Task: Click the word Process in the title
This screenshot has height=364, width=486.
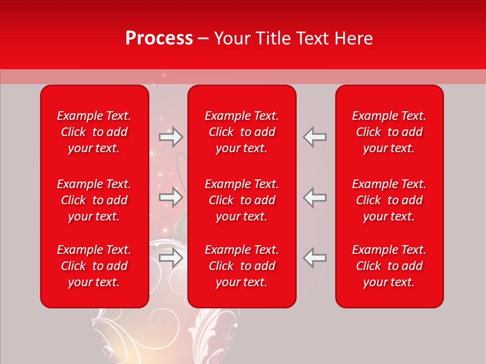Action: pyautogui.click(x=159, y=38)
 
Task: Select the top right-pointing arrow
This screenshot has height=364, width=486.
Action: pyautogui.click(x=171, y=137)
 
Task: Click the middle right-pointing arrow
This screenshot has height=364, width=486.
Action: pyautogui.click(x=171, y=197)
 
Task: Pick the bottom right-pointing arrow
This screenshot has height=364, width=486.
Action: pyautogui.click(x=171, y=258)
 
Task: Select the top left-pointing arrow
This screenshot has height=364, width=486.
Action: pyautogui.click(x=315, y=137)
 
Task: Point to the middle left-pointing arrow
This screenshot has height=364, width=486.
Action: pyautogui.click(x=315, y=197)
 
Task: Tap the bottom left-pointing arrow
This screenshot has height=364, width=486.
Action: pyautogui.click(x=315, y=258)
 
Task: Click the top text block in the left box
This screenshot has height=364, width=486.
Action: pyautogui.click(x=94, y=132)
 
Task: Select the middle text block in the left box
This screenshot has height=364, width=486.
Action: pyautogui.click(x=94, y=200)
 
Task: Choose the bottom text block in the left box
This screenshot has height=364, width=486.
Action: pyautogui.click(x=94, y=266)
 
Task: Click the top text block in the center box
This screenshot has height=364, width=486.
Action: pyautogui.click(x=241, y=132)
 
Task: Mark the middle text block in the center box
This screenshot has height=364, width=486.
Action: pyautogui.click(x=241, y=200)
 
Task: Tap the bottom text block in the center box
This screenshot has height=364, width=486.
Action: pyautogui.click(x=241, y=266)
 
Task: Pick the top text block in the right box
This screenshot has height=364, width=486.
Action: pyautogui.click(x=389, y=132)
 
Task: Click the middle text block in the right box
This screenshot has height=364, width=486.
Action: pyautogui.click(x=389, y=200)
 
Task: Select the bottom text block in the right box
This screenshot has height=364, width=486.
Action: pyautogui.click(x=389, y=266)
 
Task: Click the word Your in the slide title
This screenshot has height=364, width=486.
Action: pyautogui.click(x=232, y=38)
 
